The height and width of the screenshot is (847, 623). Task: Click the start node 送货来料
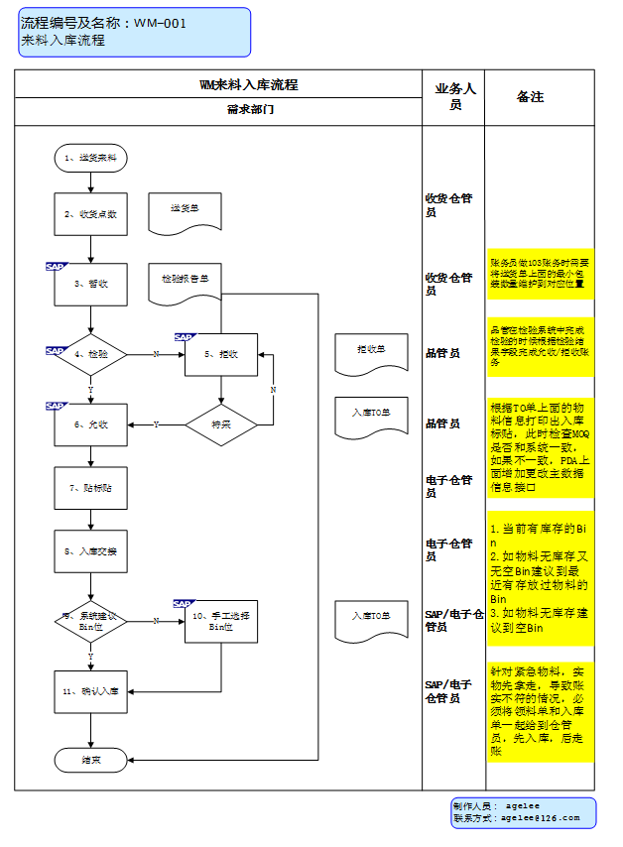click(x=90, y=158)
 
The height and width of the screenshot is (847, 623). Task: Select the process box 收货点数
click(x=90, y=213)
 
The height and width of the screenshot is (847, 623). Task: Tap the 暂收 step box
click(x=90, y=284)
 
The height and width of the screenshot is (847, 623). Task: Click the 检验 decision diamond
click(x=90, y=354)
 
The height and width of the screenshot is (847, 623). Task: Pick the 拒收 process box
click(x=220, y=354)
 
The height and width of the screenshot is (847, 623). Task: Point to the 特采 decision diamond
click(x=220, y=424)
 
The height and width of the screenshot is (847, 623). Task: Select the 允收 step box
click(x=90, y=424)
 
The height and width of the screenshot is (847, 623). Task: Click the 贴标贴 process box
click(x=90, y=488)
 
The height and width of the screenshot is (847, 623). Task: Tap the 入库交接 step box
click(x=90, y=550)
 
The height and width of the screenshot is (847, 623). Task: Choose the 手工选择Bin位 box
click(x=220, y=621)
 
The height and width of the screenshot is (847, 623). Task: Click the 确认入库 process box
click(x=90, y=691)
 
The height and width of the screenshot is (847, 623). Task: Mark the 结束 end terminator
click(x=90, y=759)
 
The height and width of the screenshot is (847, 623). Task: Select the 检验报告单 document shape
click(x=185, y=281)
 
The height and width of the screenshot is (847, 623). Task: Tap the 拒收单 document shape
click(x=371, y=351)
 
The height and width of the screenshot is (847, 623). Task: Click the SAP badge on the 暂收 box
click(x=56, y=266)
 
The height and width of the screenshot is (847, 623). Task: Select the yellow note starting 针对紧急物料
click(x=540, y=710)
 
